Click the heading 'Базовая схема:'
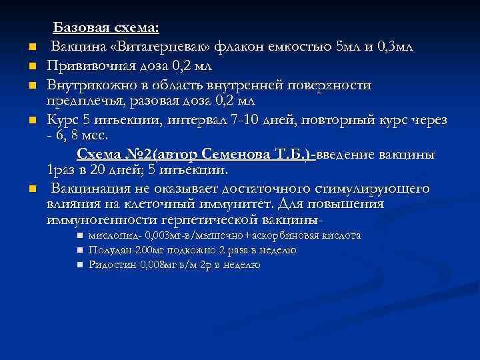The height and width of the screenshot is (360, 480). [x=106, y=29]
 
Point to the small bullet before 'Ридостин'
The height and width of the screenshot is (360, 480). [x=79, y=265]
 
